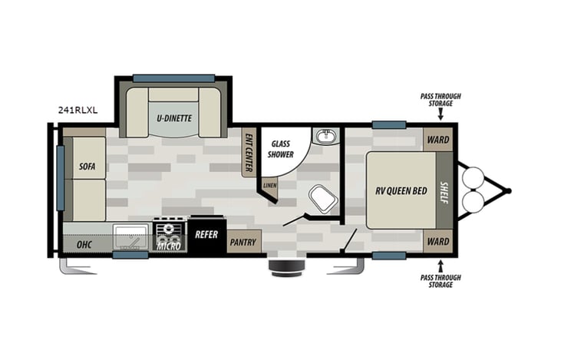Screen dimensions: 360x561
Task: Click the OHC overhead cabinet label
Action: click(x=84, y=245)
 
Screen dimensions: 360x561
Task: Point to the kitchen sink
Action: click(x=131, y=236)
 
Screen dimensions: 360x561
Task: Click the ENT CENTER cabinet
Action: click(x=249, y=150)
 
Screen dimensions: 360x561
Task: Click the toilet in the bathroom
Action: click(x=323, y=199)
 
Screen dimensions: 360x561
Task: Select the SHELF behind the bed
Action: click(x=444, y=190)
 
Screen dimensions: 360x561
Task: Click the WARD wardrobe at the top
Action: click(x=438, y=140)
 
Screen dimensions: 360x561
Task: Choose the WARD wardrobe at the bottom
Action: click(x=438, y=241)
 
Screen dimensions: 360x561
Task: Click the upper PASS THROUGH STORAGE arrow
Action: click(x=441, y=114)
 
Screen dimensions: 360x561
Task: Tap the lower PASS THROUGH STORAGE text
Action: click(x=441, y=280)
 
